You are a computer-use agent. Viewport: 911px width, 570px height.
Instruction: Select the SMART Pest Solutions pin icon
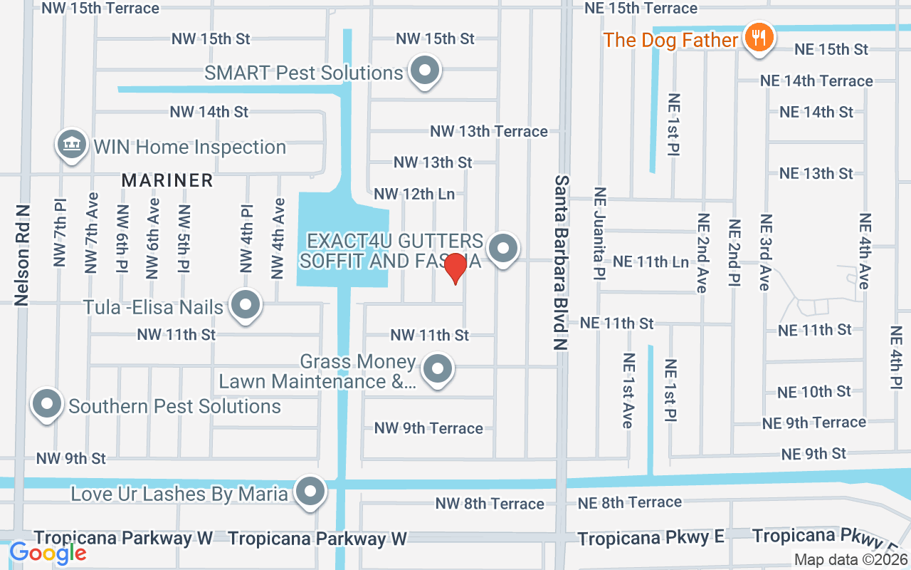pyautogui.click(x=425, y=71)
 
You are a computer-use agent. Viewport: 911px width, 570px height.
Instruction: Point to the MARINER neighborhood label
pyautogui.click(x=167, y=181)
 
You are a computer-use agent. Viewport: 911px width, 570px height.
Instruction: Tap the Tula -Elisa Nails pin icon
pyautogui.click(x=246, y=306)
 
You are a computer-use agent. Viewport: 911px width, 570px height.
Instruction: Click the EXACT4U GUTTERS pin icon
pyautogui.click(x=504, y=249)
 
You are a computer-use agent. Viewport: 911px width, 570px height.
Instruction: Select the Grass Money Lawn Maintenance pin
pyautogui.click(x=437, y=370)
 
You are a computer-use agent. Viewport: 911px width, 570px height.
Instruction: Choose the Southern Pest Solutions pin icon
pyautogui.click(x=47, y=404)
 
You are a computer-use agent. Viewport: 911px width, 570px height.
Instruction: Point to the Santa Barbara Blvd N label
pyautogui.click(x=562, y=262)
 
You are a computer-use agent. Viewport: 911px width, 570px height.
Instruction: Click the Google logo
pyautogui.click(x=48, y=552)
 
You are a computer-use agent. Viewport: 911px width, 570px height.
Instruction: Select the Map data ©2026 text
pyautogui.click(x=850, y=560)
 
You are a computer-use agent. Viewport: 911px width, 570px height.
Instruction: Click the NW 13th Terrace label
pyautogui.click(x=488, y=131)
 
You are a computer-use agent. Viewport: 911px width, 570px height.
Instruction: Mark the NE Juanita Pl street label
pyautogui.click(x=600, y=233)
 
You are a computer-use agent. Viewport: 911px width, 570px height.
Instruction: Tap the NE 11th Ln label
pyautogui.click(x=651, y=262)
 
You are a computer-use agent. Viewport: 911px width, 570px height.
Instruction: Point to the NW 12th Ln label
pyautogui.click(x=419, y=194)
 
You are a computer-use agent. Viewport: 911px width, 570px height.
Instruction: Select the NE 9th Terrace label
pyautogui.click(x=813, y=423)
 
